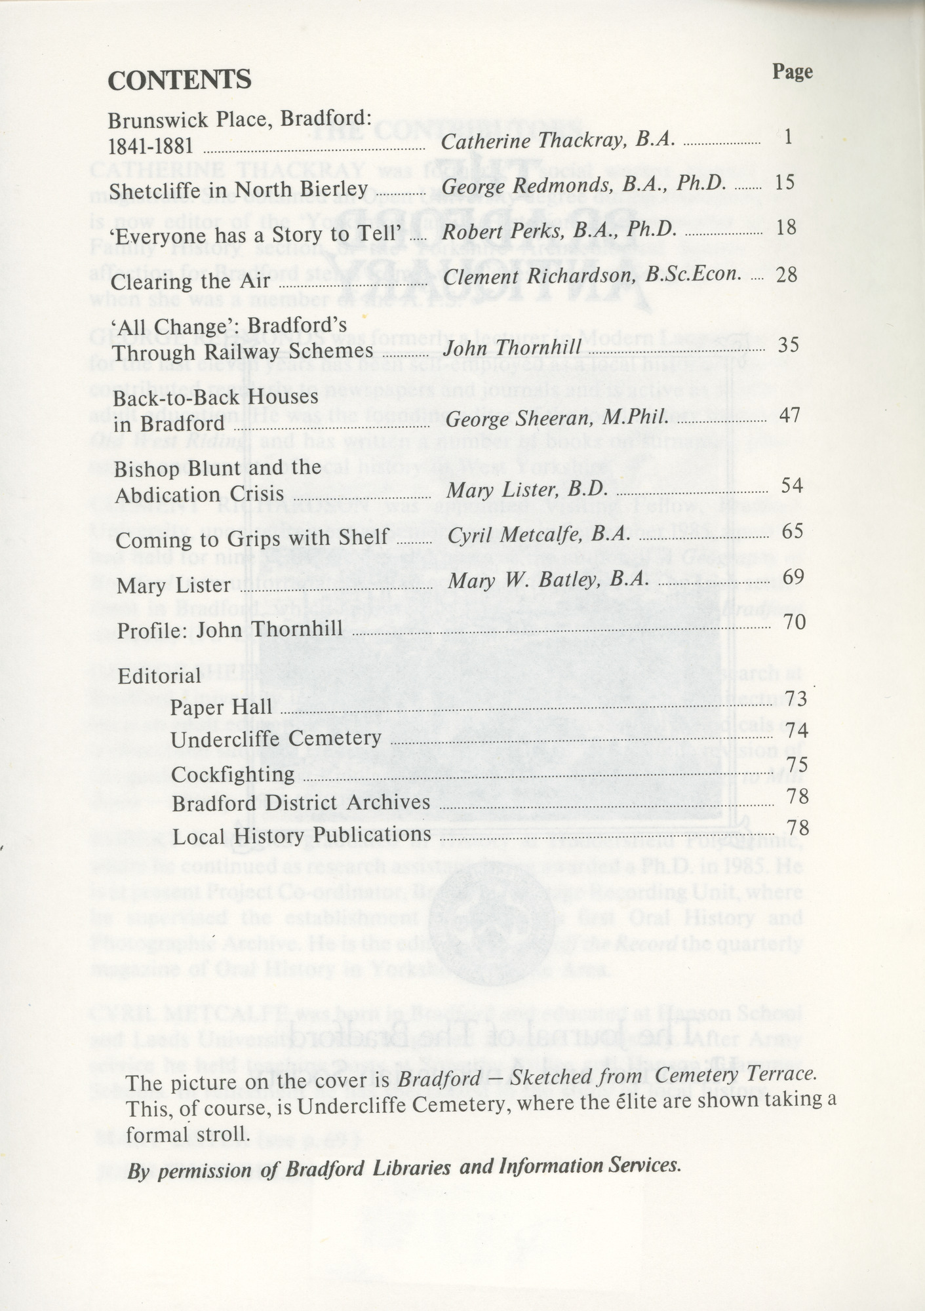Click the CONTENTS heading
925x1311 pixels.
point(179,80)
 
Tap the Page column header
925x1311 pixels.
point(792,71)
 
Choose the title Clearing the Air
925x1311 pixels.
point(191,281)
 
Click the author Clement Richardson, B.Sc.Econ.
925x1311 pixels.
point(593,275)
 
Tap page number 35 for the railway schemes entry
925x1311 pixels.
point(787,345)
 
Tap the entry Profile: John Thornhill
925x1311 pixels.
point(230,630)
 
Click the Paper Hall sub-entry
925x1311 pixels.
point(221,707)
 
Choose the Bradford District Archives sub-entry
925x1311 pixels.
point(300,803)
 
